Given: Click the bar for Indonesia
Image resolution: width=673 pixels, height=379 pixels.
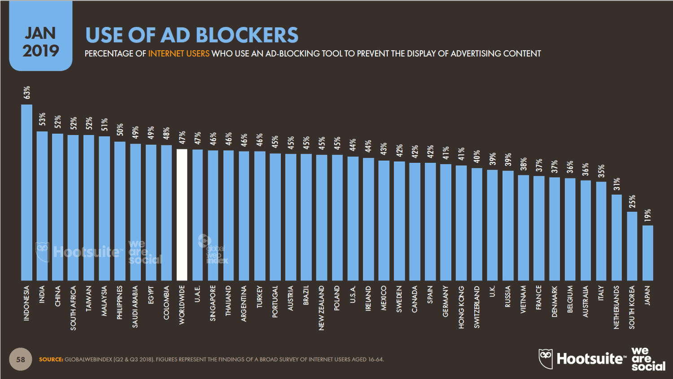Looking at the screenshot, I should click(x=26, y=193).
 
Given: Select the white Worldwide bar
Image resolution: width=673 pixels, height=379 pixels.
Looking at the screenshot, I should click(x=182, y=215).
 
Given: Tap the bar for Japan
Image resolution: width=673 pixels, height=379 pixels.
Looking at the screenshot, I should click(x=647, y=253).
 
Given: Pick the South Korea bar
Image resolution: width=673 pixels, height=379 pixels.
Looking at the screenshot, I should click(x=632, y=247).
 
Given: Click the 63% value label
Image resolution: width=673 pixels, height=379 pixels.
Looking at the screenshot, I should click(x=27, y=92).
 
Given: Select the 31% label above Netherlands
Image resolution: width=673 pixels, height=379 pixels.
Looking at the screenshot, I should click(x=616, y=184).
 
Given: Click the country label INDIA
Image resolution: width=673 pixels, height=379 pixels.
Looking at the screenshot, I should click(x=42, y=295).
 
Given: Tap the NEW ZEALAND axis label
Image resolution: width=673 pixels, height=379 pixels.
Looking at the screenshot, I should click(x=321, y=308).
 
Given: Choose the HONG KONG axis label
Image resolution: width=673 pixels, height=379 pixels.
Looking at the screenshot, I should click(x=461, y=307).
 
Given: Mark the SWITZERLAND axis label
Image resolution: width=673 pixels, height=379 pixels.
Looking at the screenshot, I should click(x=476, y=307).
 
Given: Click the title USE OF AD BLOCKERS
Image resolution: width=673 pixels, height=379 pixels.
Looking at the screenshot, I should click(x=192, y=35).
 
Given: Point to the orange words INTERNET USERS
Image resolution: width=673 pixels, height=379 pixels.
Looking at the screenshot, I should click(x=179, y=54).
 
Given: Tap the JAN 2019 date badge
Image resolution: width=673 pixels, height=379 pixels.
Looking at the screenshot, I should click(x=41, y=41).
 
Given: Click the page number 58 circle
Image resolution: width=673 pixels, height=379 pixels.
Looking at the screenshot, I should click(x=21, y=359).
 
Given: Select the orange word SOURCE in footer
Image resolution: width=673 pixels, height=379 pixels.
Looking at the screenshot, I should click(x=51, y=359).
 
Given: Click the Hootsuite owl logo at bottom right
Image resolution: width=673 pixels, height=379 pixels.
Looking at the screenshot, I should click(x=546, y=358).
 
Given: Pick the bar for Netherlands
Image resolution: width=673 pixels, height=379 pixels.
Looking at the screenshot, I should click(x=616, y=238).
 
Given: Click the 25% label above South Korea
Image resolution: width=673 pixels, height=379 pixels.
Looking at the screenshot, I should click(x=632, y=201).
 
